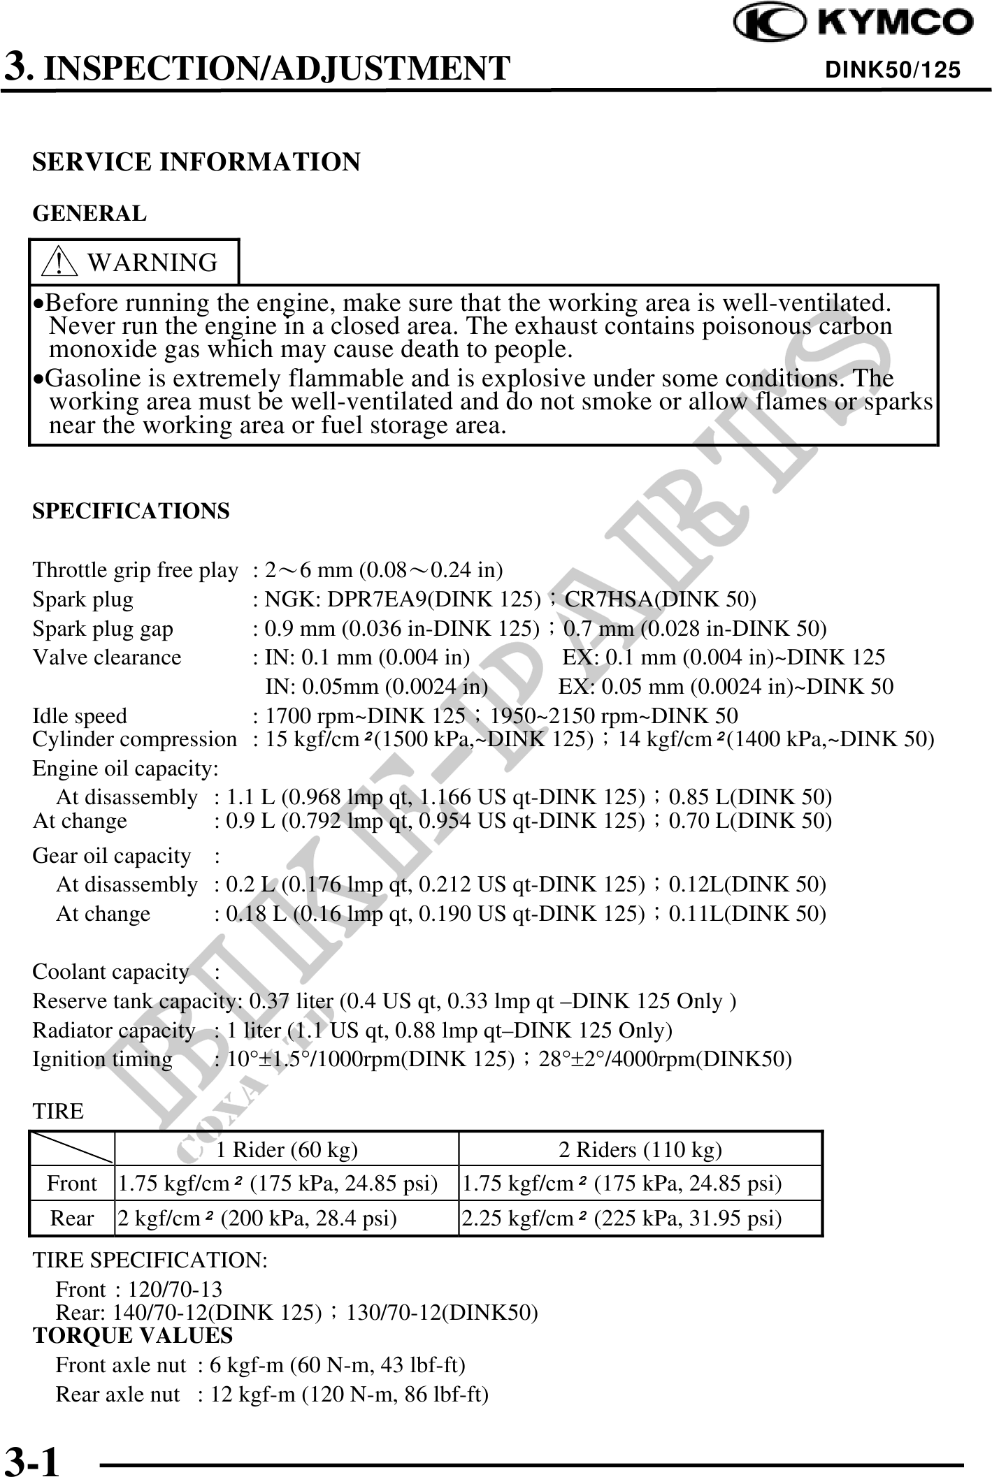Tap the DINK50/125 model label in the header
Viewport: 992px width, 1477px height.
[893, 70]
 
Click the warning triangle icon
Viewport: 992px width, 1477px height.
[60, 263]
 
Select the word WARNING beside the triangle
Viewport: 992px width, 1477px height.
[152, 263]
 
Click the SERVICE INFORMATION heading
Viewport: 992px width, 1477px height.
[196, 162]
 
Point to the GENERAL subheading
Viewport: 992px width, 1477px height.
[89, 213]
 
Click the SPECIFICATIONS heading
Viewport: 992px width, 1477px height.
[131, 511]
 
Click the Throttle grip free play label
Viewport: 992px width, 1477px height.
[135, 570]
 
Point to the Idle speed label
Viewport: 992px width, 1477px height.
[80, 716]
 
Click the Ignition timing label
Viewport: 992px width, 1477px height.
[102, 1059]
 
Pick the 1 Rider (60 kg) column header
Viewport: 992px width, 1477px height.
[287, 1149]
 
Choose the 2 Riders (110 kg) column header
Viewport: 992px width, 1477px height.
[640, 1149]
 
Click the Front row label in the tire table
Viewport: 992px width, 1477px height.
[71, 1184]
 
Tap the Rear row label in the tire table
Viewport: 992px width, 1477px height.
[71, 1218]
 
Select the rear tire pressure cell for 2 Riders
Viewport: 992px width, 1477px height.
[621, 1218]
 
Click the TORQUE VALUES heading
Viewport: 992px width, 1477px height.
[133, 1335]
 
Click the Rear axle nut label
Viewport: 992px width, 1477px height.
[117, 1394]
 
